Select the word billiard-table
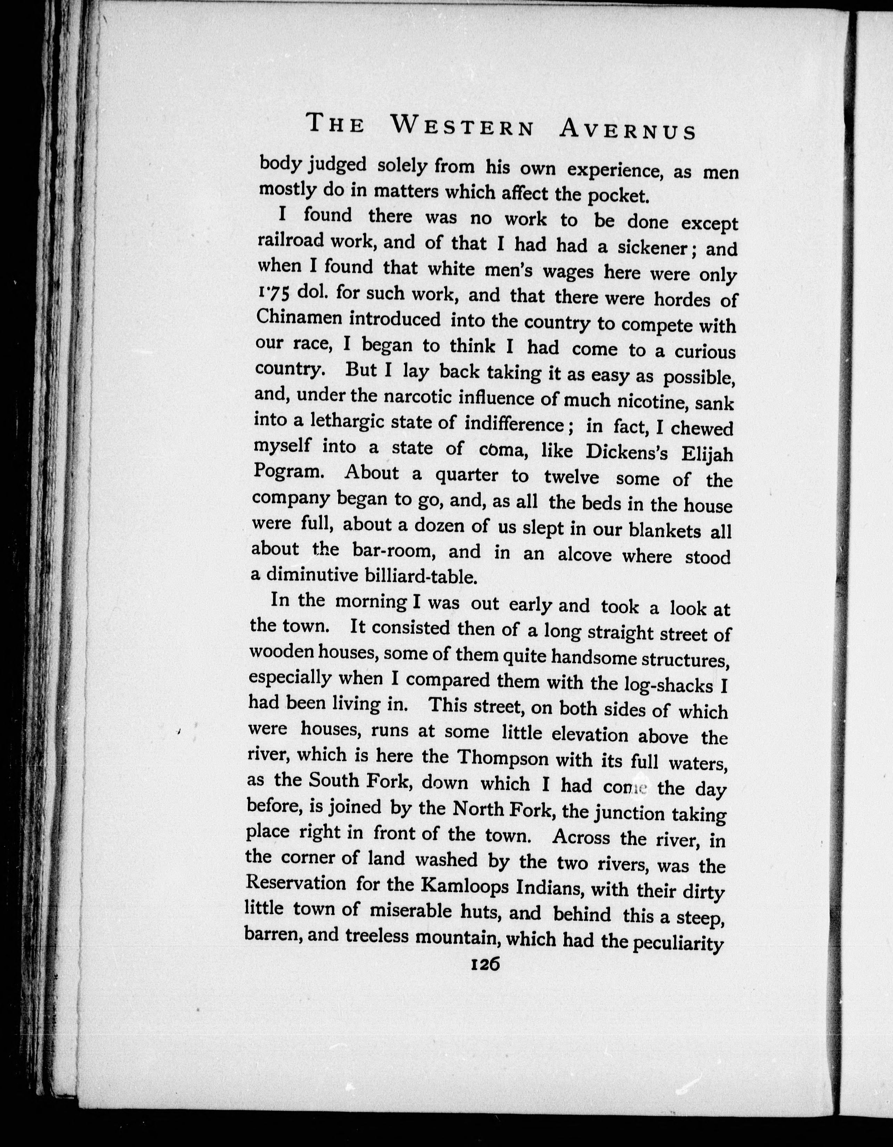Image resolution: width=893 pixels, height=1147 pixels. [x=420, y=576]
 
